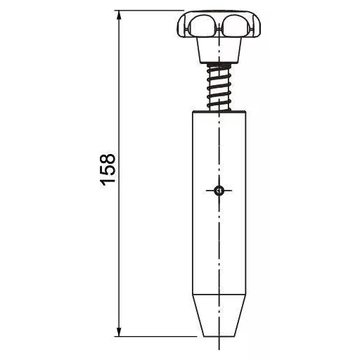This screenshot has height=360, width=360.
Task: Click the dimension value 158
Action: tap(107, 169)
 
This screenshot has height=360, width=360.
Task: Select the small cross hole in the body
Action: tap(219, 189)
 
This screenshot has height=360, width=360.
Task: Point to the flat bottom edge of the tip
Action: tap(219, 335)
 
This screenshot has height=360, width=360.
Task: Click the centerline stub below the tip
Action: tap(219, 344)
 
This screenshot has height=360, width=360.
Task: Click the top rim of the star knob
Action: tap(217, 12)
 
